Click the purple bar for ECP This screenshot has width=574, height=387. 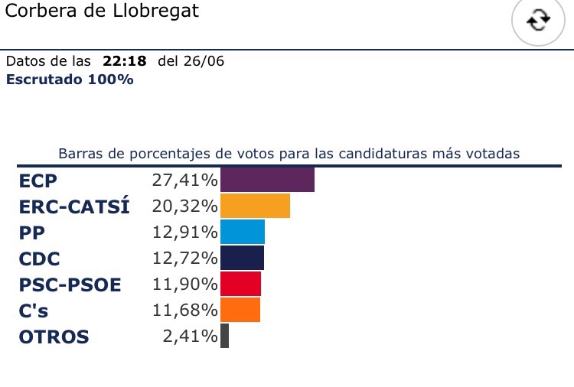pyautogui.click(x=267, y=180)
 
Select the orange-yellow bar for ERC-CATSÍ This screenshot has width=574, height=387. pyautogui.click(x=255, y=207)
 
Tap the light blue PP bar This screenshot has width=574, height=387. pyautogui.click(x=242, y=233)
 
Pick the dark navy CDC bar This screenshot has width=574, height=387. pyautogui.click(x=242, y=258)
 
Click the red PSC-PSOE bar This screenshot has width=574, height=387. pyautogui.click(x=240, y=284)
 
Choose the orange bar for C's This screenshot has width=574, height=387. pyautogui.click(x=240, y=310)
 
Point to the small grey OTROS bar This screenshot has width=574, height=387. pyautogui.click(x=224, y=336)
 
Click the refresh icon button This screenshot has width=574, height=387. pyautogui.click(x=538, y=21)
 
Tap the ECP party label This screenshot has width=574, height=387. pyautogui.click(x=38, y=181)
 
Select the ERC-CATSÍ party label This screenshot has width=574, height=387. pyautogui.click(x=73, y=207)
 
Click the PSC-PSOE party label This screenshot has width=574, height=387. pyautogui.click(x=70, y=285)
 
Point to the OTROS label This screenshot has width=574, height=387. pyautogui.click(x=53, y=337)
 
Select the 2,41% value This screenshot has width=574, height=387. pyautogui.click(x=191, y=337)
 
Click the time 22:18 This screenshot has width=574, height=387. pyautogui.click(x=125, y=62)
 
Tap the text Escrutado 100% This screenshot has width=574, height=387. pyautogui.click(x=70, y=79)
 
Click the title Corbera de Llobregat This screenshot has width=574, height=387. pyautogui.click(x=101, y=12)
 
